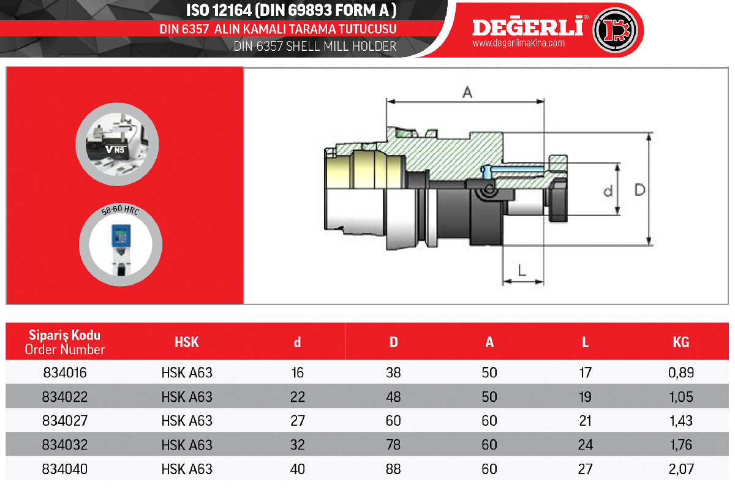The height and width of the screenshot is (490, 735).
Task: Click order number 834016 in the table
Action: [x=65, y=372]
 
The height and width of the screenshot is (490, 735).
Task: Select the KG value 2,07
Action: [x=681, y=469]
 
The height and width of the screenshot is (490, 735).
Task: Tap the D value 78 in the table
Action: [x=393, y=445]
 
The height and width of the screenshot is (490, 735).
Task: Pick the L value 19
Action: [x=586, y=397]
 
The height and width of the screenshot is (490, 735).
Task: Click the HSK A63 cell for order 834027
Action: [x=187, y=421]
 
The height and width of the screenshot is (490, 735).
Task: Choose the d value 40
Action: [x=297, y=469]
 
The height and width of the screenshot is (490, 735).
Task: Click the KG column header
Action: [x=681, y=342]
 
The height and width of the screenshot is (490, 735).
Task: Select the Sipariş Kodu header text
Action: [x=65, y=335]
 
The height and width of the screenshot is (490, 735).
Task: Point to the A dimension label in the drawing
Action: [x=467, y=92]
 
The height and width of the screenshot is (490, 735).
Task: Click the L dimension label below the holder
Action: [x=522, y=271]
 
